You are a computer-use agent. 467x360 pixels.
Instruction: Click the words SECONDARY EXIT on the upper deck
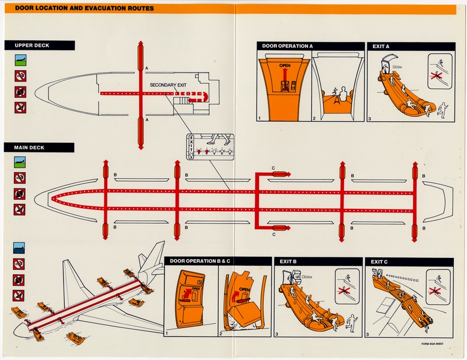[x=168, y=85]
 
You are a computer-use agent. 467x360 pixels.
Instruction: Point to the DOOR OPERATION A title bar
[x=287, y=46]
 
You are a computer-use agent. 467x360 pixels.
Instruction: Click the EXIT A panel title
[x=381, y=46]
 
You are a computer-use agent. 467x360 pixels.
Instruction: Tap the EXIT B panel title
[x=288, y=262]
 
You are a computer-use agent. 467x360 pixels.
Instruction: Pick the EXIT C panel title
[x=379, y=262]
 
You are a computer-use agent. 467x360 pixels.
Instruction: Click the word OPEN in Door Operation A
[x=285, y=65]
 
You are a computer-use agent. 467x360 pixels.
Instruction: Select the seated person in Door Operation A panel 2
[x=340, y=96]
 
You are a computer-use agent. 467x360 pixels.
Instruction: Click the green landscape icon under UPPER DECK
[x=20, y=60]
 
